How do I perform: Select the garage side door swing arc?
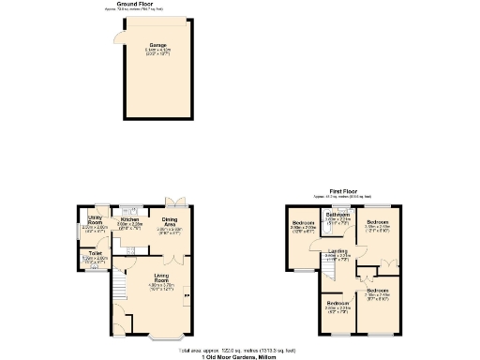[116, 37]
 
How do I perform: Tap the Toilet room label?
[95, 253]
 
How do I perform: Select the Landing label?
[337, 252]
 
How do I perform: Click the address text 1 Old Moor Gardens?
[240, 355]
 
